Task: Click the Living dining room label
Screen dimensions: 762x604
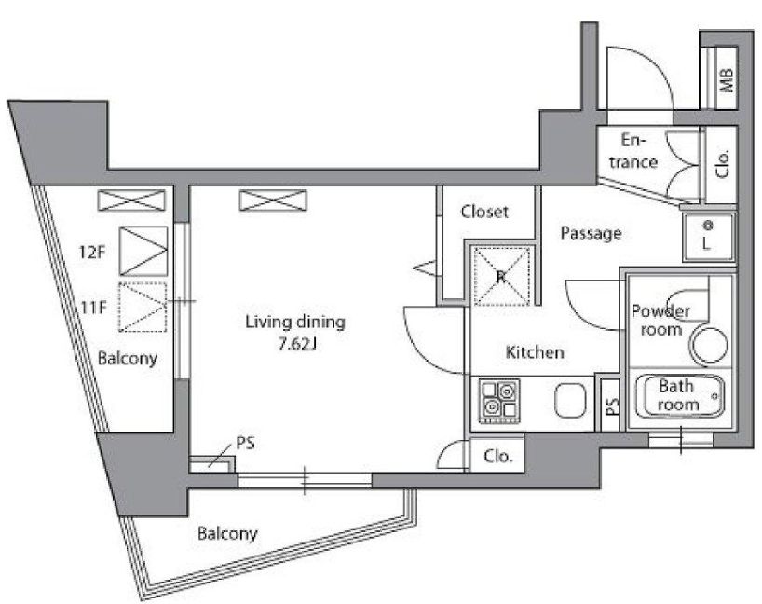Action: coord(295,323)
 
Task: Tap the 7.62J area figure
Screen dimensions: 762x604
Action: coord(297,344)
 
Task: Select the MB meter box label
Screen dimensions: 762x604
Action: coord(727,80)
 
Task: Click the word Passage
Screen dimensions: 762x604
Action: coord(591,233)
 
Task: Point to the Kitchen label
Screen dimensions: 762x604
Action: coord(535,352)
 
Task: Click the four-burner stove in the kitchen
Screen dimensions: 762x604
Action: coord(499,401)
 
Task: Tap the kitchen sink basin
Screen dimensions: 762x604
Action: coord(570,401)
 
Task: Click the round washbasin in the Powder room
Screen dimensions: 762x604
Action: coord(710,346)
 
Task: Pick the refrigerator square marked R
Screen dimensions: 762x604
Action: coord(502,276)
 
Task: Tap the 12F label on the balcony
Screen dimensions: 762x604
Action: coord(92,252)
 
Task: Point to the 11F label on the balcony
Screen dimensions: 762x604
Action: coord(94,308)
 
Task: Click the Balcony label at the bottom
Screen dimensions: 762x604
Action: coord(227,534)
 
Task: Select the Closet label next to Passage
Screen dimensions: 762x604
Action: coord(484,212)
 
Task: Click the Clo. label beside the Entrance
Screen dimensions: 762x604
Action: coord(723,163)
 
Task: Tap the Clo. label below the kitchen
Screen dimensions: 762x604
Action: coord(498,457)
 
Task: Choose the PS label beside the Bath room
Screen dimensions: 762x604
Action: coord(612,405)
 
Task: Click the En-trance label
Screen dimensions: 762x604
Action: coord(633,151)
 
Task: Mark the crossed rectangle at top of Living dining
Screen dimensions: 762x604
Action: coord(274,200)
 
